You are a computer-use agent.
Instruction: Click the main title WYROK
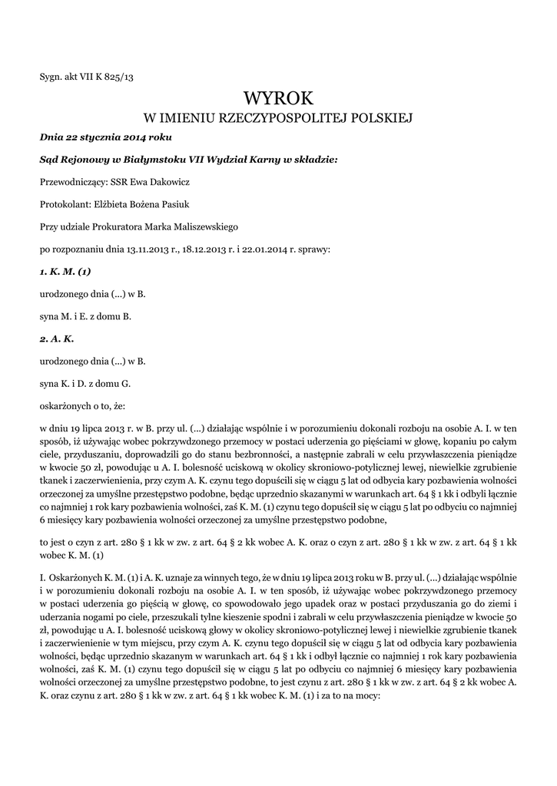278,98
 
